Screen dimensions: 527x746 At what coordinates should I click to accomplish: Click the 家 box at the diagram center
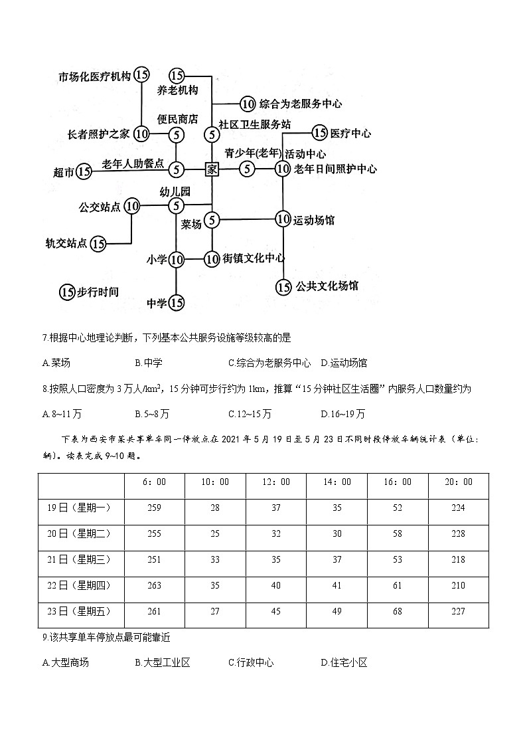212,169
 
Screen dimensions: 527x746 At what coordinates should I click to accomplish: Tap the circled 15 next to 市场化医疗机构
141,75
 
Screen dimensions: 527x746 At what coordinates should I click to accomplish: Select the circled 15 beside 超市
84,172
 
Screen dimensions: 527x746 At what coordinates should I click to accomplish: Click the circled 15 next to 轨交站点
98,244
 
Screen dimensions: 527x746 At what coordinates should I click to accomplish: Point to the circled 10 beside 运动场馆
283,219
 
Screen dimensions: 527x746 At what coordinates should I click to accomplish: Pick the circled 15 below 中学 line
176,303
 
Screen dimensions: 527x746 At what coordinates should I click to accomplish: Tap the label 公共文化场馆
327,286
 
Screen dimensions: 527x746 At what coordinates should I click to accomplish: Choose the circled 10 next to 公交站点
132,206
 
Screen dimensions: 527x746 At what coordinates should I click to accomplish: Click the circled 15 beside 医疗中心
320,133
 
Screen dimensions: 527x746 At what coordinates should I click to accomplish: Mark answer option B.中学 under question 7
149,363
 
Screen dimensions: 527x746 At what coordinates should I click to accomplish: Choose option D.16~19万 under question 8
342,413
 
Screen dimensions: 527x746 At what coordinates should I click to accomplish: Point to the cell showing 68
397,611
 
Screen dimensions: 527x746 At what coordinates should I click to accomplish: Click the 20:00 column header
457,482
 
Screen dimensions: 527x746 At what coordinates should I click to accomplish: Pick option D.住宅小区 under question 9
344,662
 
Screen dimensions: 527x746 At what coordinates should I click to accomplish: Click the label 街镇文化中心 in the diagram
254,258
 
